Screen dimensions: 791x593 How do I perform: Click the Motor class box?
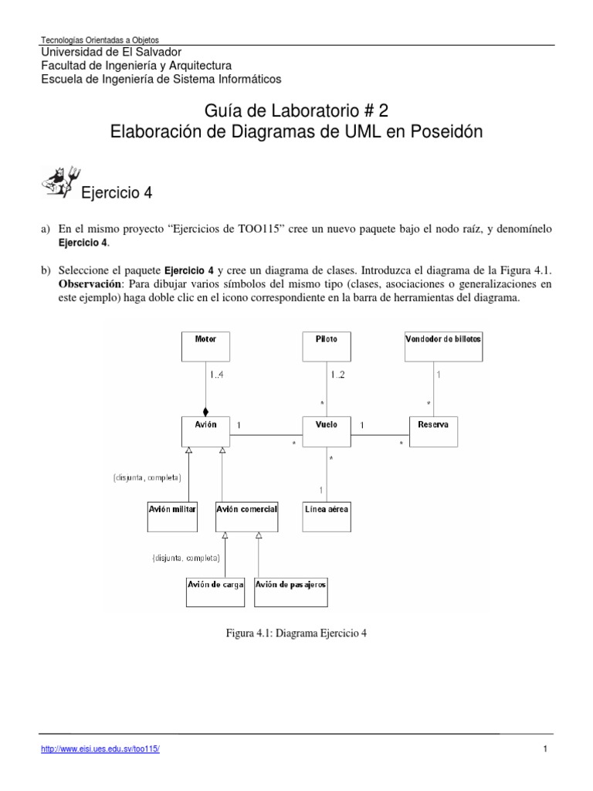(x=205, y=346)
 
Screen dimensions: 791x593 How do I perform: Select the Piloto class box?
(x=326, y=346)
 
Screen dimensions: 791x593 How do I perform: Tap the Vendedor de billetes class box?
(x=444, y=346)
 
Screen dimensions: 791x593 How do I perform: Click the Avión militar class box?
(x=172, y=516)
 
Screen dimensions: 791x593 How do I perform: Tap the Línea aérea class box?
(x=326, y=516)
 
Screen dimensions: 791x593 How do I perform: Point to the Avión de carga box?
(x=215, y=592)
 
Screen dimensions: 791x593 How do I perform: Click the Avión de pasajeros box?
(x=290, y=592)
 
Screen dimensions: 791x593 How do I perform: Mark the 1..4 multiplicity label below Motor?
(x=218, y=375)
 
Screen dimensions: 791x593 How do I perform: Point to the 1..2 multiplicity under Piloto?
(x=338, y=375)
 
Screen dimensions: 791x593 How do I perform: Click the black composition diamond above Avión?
(x=205, y=412)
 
